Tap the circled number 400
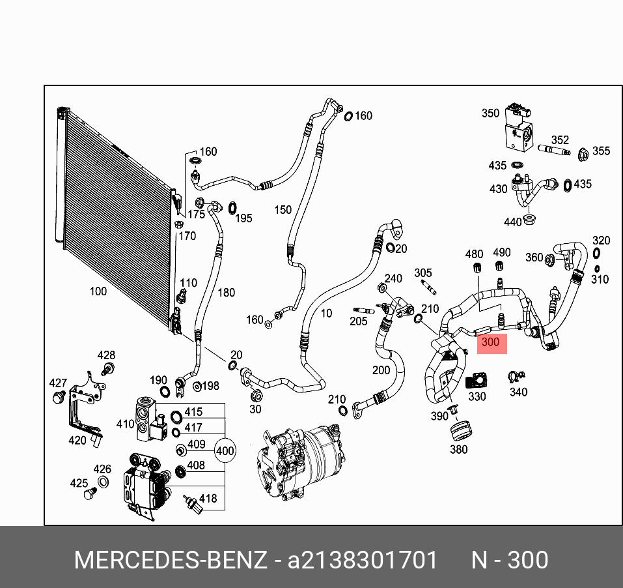(225, 450)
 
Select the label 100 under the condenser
(98, 291)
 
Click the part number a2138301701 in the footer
(363, 560)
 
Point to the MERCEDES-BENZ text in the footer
(171, 560)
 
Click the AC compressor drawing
(301, 462)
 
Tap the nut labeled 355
(584, 154)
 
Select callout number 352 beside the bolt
(560, 140)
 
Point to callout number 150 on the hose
(283, 210)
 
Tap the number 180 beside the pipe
(226, 293)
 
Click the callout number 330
(477, 396)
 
